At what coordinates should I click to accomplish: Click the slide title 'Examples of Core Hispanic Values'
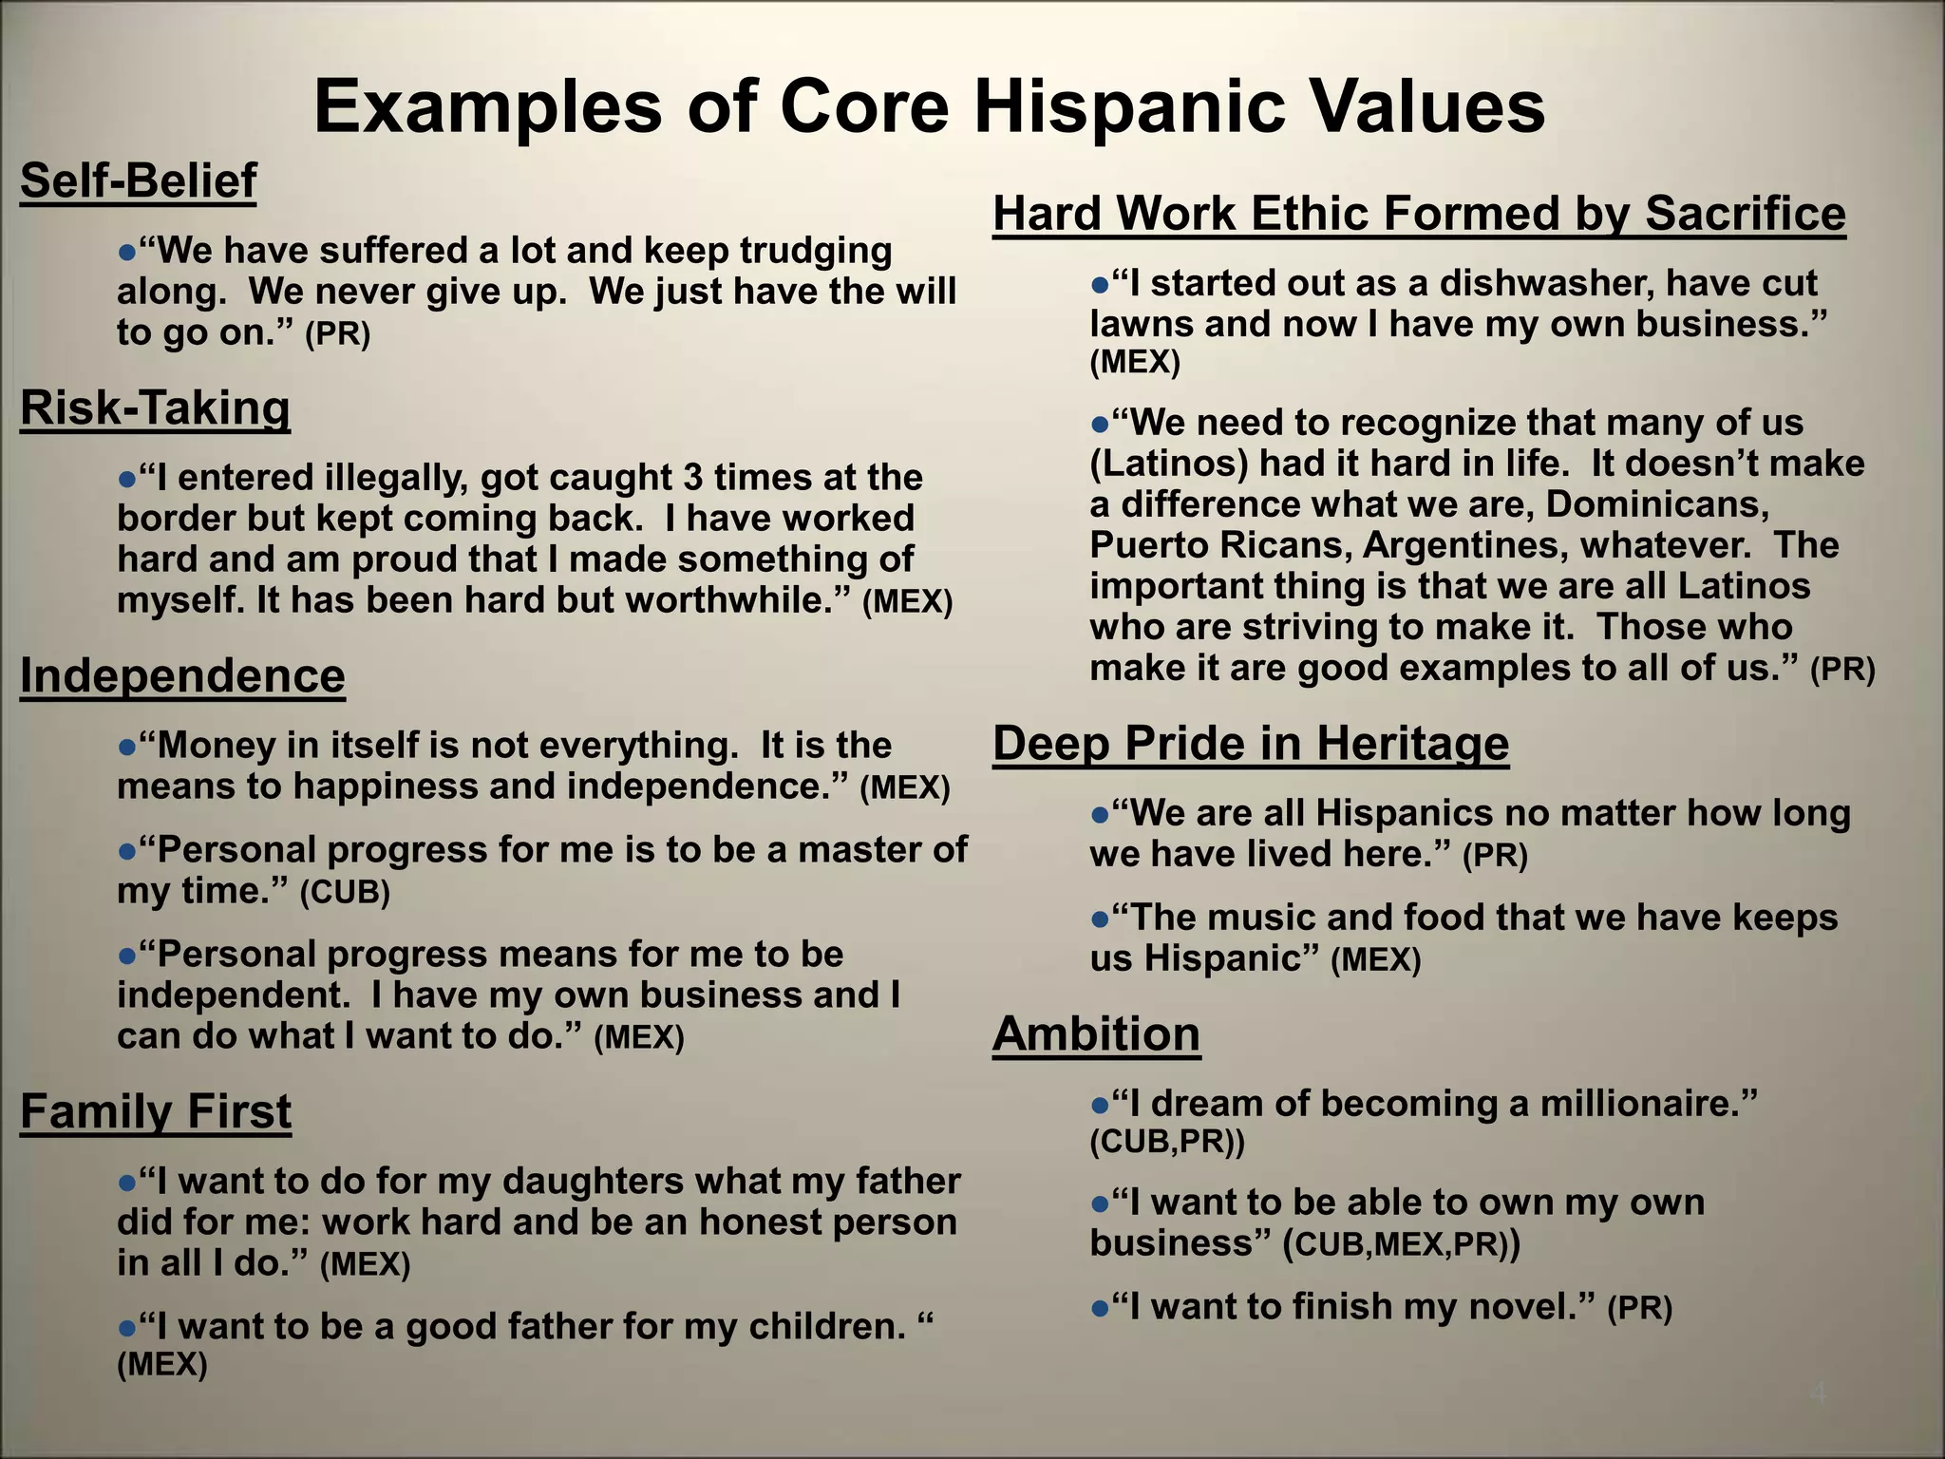[929, 106]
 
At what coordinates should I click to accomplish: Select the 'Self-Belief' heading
[139, 180]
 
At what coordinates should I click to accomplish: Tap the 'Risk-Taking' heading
[155, 408]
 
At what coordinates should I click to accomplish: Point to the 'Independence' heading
[182, 676]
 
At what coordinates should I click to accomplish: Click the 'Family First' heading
[156, 1111]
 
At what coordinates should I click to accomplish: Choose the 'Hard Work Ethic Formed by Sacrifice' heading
[1419, 213]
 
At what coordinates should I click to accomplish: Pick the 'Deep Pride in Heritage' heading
[1251, 743]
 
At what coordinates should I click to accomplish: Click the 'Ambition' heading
[1096, 1033]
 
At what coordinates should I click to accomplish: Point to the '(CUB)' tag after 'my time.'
[345, 893]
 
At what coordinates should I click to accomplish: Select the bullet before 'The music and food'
[1100, 919]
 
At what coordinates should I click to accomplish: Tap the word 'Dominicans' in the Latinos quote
[1657, 504]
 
